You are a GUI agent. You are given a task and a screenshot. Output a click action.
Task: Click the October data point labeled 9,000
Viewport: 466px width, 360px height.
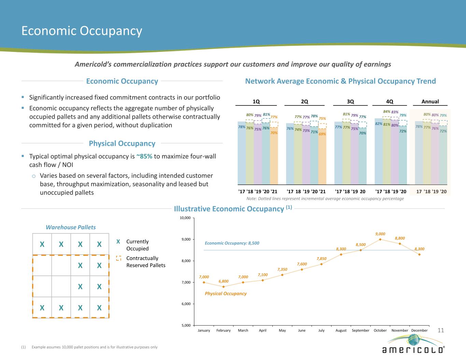(x=380, y=239)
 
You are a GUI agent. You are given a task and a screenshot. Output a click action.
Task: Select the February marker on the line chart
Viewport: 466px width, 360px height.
(x=224, y=287)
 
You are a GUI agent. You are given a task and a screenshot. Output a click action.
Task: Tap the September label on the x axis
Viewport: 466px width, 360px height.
(x=361, y=330)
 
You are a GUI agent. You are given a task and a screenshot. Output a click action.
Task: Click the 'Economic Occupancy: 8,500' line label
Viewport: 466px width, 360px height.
(x=232, y=243)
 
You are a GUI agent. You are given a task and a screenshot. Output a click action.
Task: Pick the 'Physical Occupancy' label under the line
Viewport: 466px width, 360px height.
(x=225, y=293)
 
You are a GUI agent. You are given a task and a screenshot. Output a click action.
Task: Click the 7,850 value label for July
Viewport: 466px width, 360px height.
(x=322, y=258)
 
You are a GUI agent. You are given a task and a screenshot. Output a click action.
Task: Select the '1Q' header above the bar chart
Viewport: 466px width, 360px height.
(x=256, y=101)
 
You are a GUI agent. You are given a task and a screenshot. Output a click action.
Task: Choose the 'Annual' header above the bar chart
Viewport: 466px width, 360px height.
(x=430, y=101)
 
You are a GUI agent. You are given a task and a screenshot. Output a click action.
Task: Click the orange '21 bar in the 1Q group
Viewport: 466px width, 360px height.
(x=274, y=157)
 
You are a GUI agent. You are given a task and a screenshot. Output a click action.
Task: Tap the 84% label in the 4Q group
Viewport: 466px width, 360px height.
(x=386, y=112)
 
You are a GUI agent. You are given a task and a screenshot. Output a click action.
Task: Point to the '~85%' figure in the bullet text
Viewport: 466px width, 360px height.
(x=144, y=157)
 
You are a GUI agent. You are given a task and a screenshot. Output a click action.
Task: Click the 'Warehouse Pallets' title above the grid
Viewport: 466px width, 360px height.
(x=71, y=227)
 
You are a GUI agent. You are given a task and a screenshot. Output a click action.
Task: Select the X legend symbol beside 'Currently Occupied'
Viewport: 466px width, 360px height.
(x=118, y=242)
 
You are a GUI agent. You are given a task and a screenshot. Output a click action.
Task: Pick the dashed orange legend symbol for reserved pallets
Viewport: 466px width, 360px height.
(x=118, y=258)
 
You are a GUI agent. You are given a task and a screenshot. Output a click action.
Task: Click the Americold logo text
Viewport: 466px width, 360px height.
(x=413, y=350)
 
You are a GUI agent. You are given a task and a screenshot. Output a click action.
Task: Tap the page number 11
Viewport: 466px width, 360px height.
(x=441, y=330)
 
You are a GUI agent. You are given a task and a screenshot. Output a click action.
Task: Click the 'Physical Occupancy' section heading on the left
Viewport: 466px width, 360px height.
(x=122, y=143)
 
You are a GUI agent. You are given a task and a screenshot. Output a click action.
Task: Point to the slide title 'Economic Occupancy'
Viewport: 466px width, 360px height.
(x=82, y=31)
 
